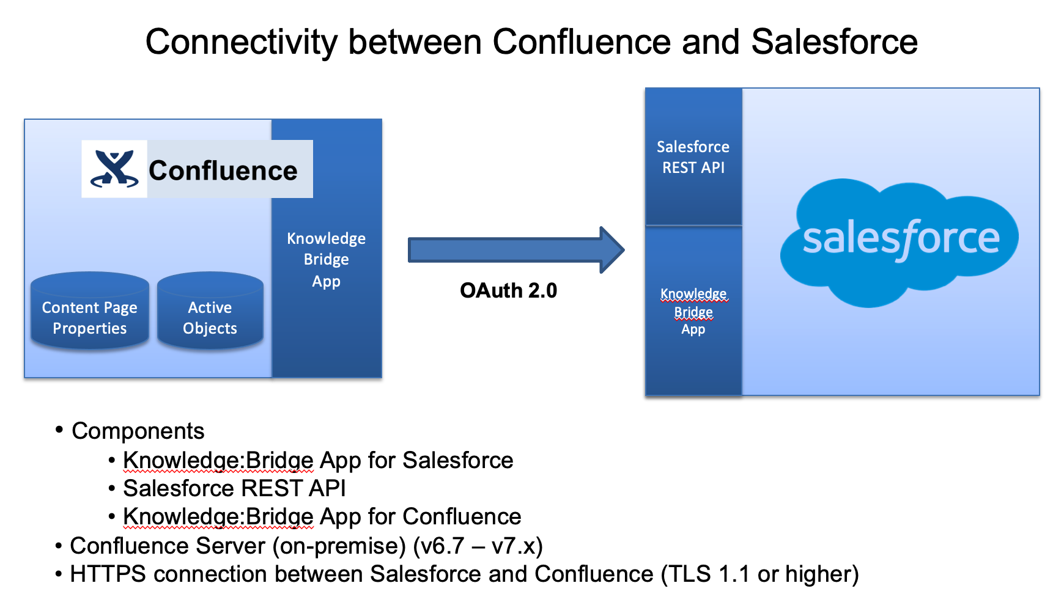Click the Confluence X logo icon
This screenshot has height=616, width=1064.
pos(114,169)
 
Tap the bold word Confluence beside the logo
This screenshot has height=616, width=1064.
pos(223,170)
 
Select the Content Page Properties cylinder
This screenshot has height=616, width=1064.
pos(90,312)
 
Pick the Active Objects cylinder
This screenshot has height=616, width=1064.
pos(210,312)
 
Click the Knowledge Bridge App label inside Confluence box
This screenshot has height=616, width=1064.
pos(327,259)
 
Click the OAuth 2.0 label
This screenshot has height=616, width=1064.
pos(508,290)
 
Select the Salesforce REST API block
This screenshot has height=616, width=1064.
pos(693,157)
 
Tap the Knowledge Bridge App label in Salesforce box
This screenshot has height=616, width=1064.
pos(693,311)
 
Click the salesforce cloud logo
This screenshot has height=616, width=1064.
pos(900,240)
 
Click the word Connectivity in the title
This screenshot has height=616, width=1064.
pos(241,42)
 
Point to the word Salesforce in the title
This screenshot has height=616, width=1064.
pos(834,42)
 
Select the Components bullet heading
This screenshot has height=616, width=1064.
pos(138,431)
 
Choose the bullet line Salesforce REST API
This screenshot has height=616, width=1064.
pos(234,488)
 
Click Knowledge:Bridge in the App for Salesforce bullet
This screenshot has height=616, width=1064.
pos(218,460)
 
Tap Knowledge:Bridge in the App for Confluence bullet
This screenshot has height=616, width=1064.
pos(218,516)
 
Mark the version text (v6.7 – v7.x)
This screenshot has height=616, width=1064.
pos(478,545)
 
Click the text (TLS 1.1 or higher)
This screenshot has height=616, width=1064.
pos(759,574)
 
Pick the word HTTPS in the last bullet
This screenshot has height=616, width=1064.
pos(108,574)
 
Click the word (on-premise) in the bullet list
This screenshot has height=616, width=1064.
pos(339,545)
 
